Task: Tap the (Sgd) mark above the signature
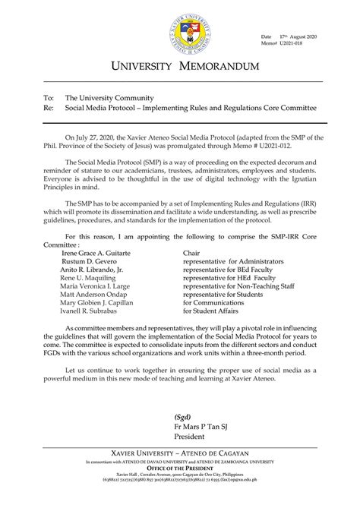click(x=182, y=417)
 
